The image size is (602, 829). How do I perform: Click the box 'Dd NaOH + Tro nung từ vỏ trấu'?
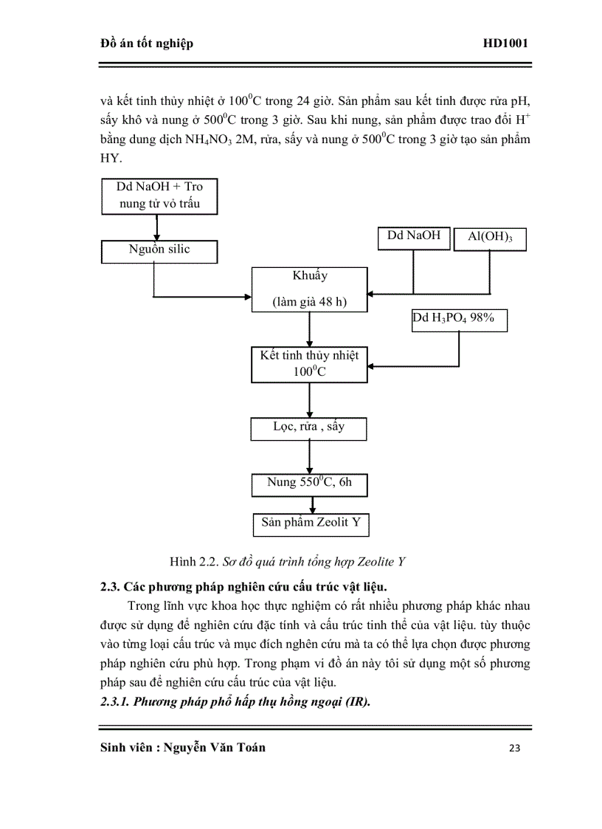(159, 196)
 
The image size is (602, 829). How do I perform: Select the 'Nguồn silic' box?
(159, 251)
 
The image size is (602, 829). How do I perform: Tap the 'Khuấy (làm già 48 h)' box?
(309, 289)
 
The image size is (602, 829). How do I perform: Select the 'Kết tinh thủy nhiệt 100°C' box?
(309, 364)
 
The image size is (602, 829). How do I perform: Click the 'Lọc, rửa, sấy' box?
(309, 429)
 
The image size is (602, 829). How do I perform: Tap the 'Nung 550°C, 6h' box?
(309, 484)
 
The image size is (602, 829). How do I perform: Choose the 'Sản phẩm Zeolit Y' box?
(311, 524)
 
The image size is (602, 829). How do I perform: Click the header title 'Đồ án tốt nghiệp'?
(146, 44)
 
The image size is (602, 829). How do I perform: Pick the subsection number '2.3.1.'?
(116, 702)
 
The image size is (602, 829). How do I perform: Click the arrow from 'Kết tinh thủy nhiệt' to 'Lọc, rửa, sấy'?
(309, 400)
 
